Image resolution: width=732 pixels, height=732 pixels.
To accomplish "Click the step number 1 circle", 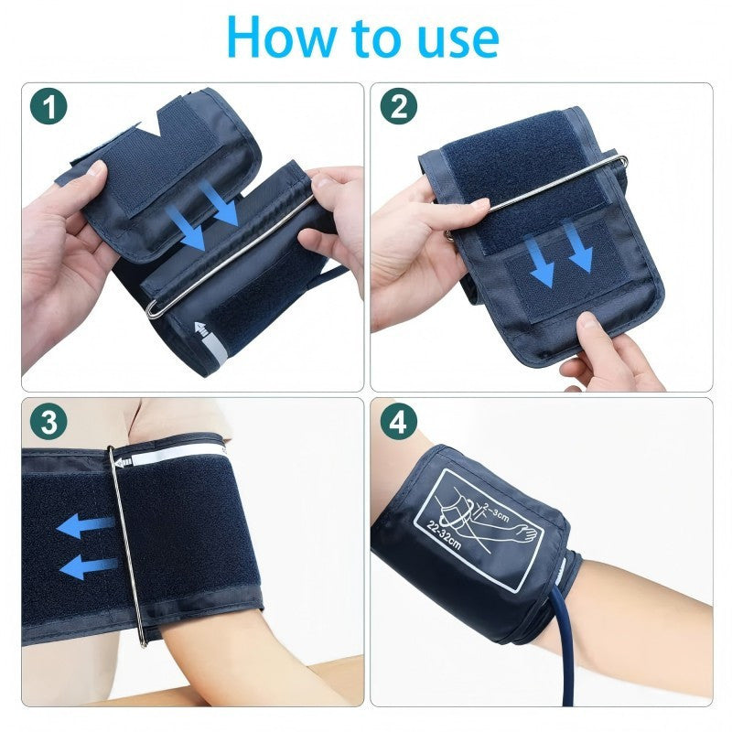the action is (x=48, y=106).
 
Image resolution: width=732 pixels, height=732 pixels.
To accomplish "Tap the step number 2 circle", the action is (x=398, y=106).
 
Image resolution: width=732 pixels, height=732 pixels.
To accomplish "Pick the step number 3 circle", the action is (x=48, y=421).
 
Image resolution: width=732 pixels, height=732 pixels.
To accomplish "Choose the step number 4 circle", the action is (x=398, y=421).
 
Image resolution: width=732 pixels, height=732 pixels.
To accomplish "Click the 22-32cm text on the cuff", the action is (x=444, y=535).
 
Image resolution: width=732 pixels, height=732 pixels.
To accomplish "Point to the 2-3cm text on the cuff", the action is (x=496, y=511).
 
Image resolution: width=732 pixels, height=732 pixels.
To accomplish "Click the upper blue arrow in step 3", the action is (x=85, y=525).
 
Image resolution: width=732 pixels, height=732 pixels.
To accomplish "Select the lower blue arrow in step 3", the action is (x=89, y=566).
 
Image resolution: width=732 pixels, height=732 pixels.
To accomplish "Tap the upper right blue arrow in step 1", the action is (x=219, y=203).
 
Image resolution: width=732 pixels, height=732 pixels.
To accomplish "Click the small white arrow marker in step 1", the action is (x=201, y=328).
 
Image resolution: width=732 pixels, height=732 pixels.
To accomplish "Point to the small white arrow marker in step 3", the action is (x=124, y=463).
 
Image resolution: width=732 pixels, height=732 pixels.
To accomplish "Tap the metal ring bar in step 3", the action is (x=126, y=546).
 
